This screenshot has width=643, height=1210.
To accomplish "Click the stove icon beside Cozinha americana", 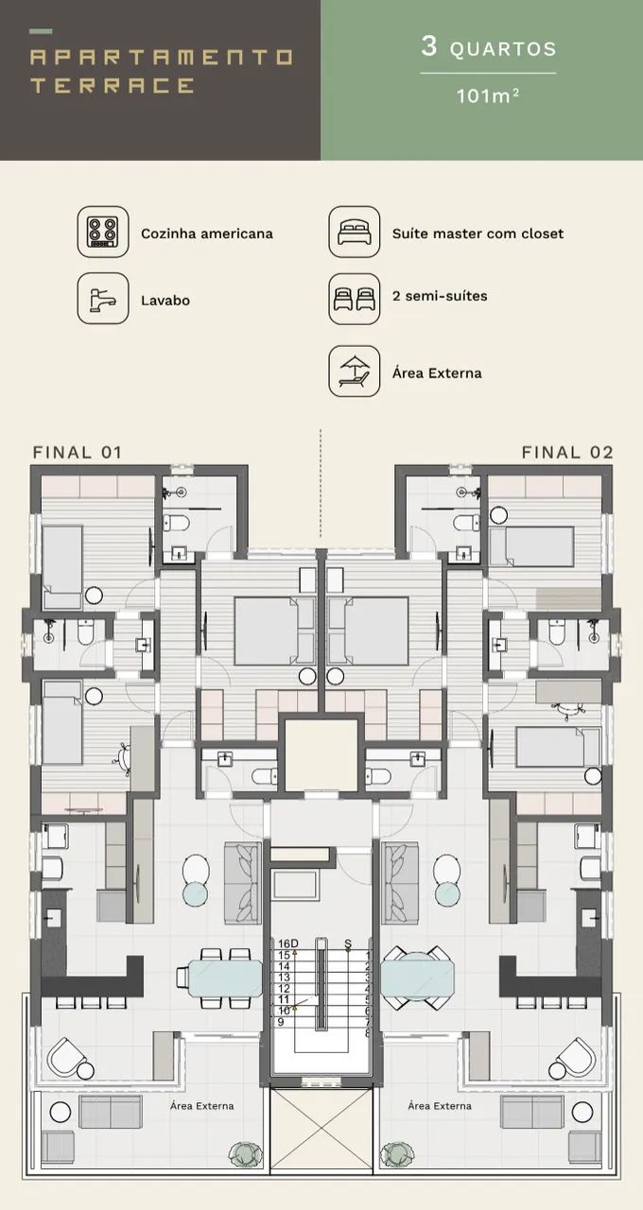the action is click(103, 232).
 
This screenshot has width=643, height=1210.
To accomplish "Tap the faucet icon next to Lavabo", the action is click(103, 298).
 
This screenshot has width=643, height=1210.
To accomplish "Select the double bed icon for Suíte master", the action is click(355, 232).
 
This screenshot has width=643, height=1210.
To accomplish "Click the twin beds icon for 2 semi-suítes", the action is click(355, 299).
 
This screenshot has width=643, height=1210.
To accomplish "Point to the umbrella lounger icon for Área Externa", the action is click(355, 372).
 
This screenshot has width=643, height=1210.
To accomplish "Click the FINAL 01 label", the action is click(78, 452).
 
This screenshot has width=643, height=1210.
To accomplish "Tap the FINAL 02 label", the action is click(567, 452).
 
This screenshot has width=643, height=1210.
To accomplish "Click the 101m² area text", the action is click(488, 96).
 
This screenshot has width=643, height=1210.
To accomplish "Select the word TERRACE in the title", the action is click(113, 85).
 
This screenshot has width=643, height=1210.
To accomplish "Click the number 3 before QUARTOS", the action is click(429, 46).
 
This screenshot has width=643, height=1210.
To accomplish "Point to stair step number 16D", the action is click(288, 943).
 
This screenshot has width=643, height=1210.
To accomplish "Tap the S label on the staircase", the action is click(348, 943).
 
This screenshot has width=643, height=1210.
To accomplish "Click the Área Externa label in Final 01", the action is click(202, 1106).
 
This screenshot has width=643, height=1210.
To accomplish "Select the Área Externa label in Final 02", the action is click(440, 1106).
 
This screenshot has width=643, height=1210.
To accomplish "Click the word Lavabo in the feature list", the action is click(165, 301).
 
